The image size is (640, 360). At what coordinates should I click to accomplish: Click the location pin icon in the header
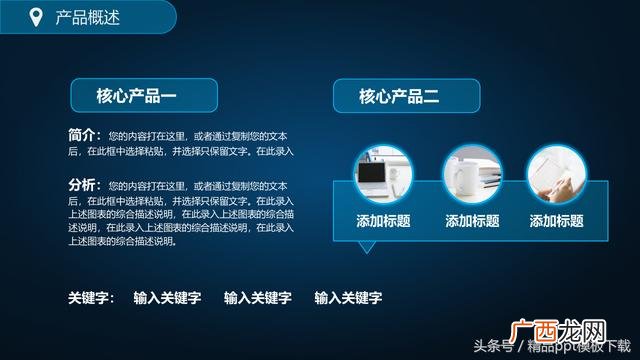pyautogui.click(x=36, y=17)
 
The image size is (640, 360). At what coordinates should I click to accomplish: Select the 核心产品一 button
pyautogui.click(x=136, y=96)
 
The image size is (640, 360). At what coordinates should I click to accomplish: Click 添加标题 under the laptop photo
pyautogui.click(x=383, y=221)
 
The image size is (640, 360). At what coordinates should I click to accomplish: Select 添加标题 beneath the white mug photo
pyautogui.click(x=472, y=221)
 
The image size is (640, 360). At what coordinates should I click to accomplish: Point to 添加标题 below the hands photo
pyautogui.click(x=557, y=221)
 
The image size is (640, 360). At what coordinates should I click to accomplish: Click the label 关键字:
pyautogui.click(x=91, y=297)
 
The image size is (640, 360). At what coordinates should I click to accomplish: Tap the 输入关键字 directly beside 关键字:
pyautogui.click(x=167, y=297)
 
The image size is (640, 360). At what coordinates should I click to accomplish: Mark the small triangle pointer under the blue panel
pyautogui.click(x=368, y=246)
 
